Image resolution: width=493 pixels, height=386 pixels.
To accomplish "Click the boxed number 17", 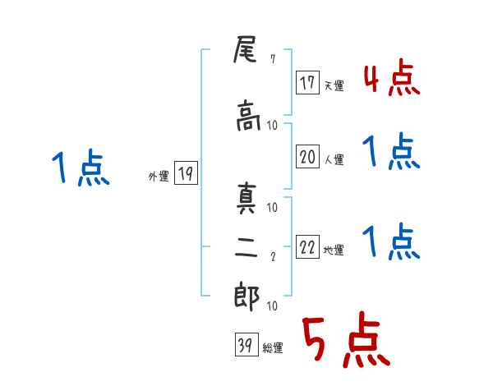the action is tap(308, 83).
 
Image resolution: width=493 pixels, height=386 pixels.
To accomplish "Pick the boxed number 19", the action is tap(187, 174).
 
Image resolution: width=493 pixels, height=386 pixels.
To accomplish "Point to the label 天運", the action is tap(334, 85).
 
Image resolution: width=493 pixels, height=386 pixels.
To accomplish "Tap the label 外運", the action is tap(159, 176).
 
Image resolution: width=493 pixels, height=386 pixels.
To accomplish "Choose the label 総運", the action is tap(273, 347).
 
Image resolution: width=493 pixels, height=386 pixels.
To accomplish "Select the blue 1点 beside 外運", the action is tap(80, 169).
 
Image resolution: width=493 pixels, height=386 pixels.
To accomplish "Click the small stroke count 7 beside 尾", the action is tap(272, 59).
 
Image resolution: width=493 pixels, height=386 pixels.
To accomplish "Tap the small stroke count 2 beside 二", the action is tap(272, 257).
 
